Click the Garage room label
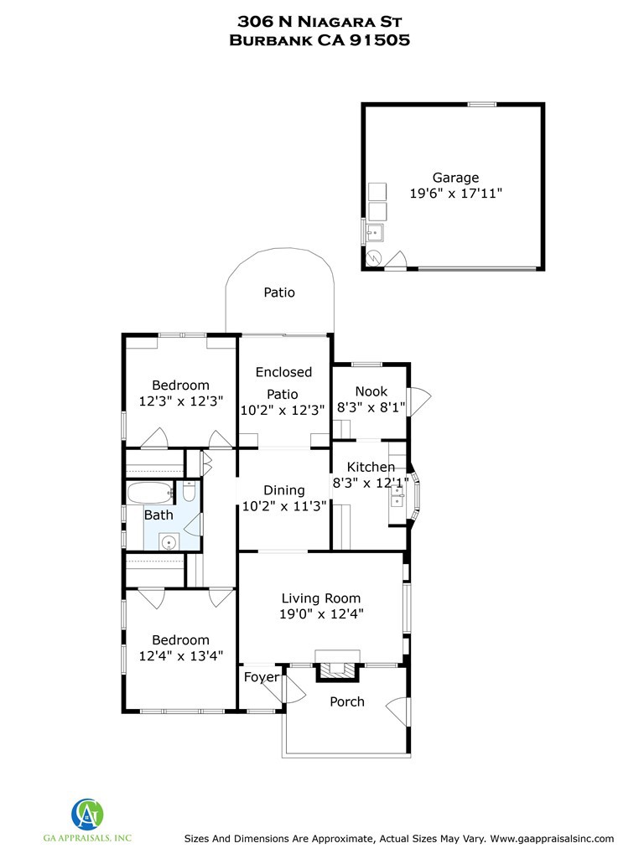(x=455, y=178)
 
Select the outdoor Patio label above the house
(x=279, y=292)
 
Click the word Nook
(x=371, y=391)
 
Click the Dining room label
(x=283, y=490)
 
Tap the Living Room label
(x=320, y=598)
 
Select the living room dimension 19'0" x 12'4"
(x=320, y=613)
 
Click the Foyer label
(x=261, y=677)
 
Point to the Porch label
(x=346, y=701)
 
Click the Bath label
(x=158, y=515)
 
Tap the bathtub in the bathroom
(x=151, y=492)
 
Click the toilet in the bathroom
(x=190, y=492)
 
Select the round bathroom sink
(x=170, y=541)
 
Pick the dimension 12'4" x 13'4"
(x=180, y=655)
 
